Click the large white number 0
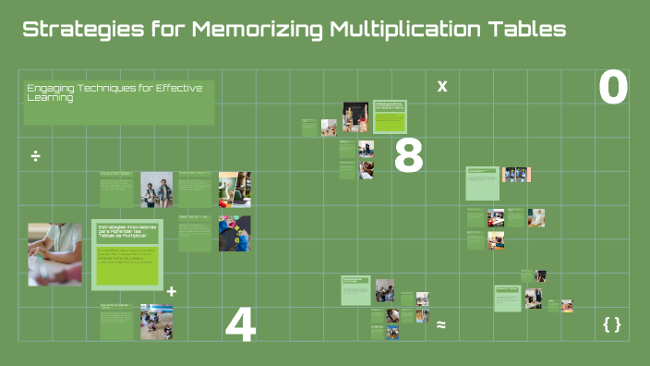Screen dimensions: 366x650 (613, 89)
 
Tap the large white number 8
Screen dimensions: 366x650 (408, 156)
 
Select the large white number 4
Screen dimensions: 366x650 (240, 325)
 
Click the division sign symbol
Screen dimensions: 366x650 (35, 154)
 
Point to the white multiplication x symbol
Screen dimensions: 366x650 (441, 86)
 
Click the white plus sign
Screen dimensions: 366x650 (171, 291)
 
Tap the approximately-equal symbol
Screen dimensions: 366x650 (440, 324)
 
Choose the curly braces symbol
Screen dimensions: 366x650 (611, 323)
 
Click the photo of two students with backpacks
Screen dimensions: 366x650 (156, 189)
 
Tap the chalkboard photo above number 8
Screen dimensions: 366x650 (355, 117)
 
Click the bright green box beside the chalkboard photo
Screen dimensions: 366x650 (390, 117)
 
